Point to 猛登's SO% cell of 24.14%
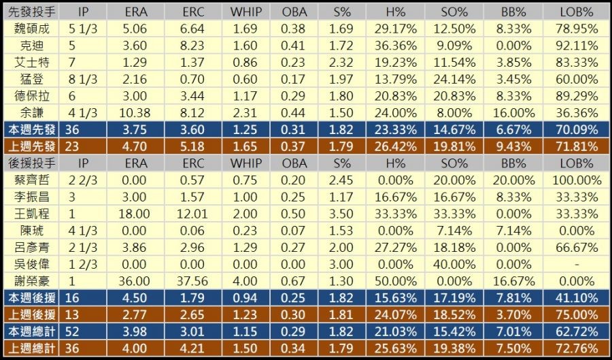pyautogui.click(x=454, y=78)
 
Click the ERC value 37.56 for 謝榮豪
pyautogui.click(x=194, y=280)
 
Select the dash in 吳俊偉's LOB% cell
pyautogui.click(x=576, y=264)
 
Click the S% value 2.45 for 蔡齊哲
pyautogui.click(x=341, y=180)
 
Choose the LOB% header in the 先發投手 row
pyautogui.click(x=576, y=12)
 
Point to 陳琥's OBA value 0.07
pyautogui.click(x=293, y=231)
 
